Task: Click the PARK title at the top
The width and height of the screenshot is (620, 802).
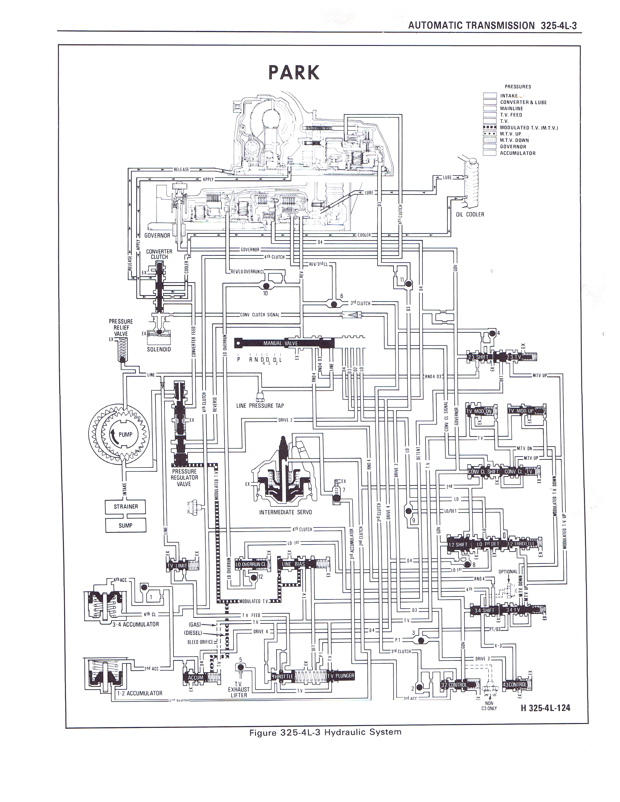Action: click(x=294, y=72)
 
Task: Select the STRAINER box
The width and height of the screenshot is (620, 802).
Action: click(x=126, y=506)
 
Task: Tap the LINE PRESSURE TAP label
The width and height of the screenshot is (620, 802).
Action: click(x=260, y=406)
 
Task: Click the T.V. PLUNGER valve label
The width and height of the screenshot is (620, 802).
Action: click(x=340, y=676)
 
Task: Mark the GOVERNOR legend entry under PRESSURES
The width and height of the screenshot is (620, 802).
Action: click(x=513, y=147)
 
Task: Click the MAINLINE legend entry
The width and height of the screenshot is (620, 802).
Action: click(x=511, y=109)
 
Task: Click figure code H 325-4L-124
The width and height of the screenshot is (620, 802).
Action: click(x=545, y=708)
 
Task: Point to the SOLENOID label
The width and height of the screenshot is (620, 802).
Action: click(x=159, y=349)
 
